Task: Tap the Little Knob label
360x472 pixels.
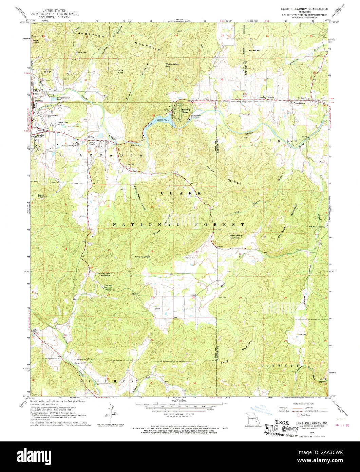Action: point(121,71)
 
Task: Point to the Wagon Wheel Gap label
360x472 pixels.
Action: point(172,65)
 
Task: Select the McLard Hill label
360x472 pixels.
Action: point(254,50)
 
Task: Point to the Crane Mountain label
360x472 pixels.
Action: point(42,196)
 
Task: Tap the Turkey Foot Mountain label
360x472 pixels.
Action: point(105,274)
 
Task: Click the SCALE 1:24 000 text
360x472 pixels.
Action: point(179,402)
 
